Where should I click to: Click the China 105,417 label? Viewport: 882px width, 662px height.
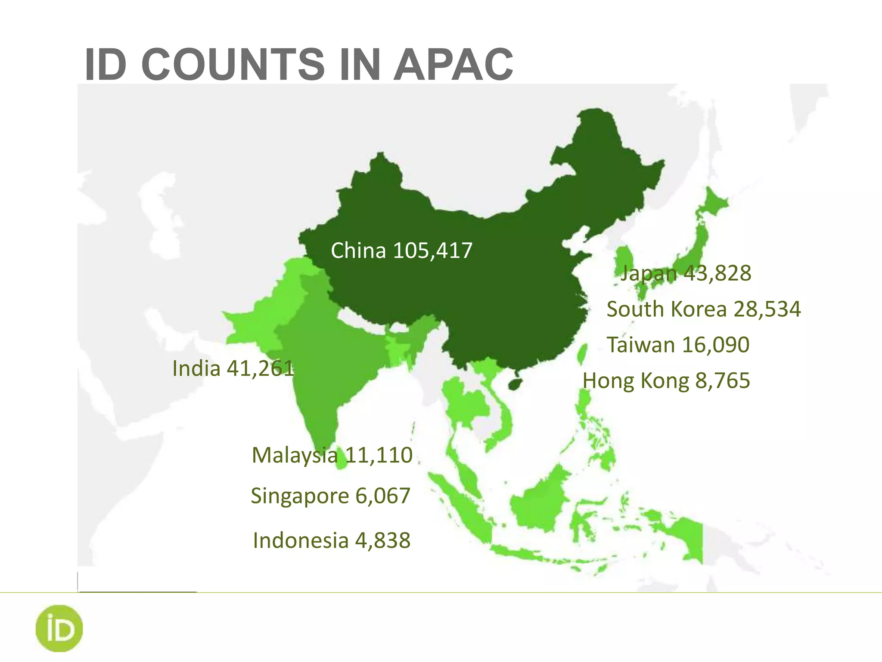click(x=401, y=250)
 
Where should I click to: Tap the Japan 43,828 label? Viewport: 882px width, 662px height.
click(x=686, y=273)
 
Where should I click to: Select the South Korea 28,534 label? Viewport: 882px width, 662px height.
click(x=703, y=309)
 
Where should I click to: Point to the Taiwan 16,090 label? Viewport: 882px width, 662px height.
click(x=678, y=345)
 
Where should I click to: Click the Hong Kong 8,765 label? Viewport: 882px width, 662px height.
click(x=666, y=381)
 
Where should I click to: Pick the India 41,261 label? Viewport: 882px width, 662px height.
click(x=233, y=368)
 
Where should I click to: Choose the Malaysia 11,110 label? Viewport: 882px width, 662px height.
click(x=332, y=455)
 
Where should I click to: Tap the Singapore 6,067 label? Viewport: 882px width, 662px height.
click(x=330, y=496)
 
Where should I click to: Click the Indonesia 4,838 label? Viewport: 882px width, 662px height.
click(x=332, y=540)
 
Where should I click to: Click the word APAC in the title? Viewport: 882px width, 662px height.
click(x=453, y=65)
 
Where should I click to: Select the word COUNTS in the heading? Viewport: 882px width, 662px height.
click(x=233, y=65)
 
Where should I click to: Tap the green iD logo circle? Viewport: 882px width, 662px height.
click(x=59, y=628)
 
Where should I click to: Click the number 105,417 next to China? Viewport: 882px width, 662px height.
click(x=433, y=250)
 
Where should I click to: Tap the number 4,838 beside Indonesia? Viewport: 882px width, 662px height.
click(x=383, y=540)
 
